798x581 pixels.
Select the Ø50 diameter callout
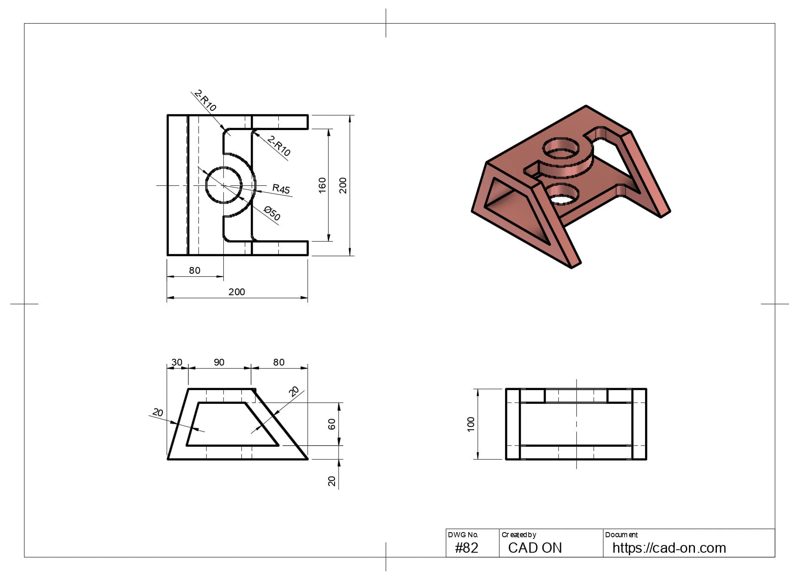pos(272,213)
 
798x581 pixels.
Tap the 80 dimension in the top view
pos(195,270)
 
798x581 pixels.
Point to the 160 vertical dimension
pos(322,185)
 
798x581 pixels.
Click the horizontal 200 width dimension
pos(237,292)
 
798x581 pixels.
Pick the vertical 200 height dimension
pos(343,185)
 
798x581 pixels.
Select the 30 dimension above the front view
pos(177,362)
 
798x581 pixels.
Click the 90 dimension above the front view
pos(219,362)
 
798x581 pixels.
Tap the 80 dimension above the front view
pos(279,362)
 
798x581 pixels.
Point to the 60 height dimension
pos(332,424)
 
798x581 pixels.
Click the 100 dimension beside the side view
pos(471,424)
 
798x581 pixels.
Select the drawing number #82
pos(466,548)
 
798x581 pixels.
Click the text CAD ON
pos(535,548)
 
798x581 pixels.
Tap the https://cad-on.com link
pos(669,548)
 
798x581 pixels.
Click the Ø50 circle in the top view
pos(224,185)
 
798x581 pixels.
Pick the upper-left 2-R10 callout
pos(205,100)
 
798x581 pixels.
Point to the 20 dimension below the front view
pos(332,481)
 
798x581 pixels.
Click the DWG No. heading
pos(463,535)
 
